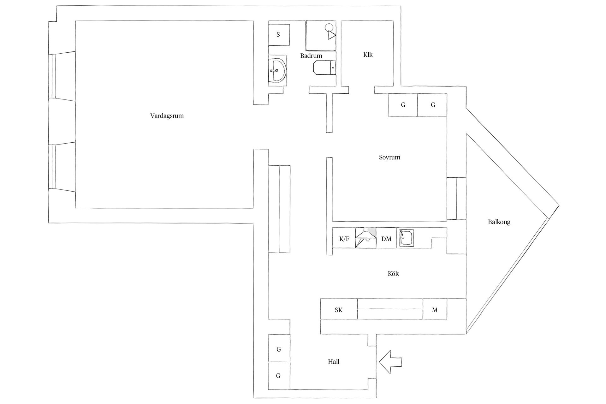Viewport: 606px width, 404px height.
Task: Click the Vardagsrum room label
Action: coord(167,116)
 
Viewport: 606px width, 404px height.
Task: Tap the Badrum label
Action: coord(311,56)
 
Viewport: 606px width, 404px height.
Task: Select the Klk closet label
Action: coord(368,55)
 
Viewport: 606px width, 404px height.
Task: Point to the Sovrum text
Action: coord(389,157)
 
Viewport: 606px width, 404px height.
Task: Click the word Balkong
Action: coord(499,222)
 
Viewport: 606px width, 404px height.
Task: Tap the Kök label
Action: coord(393,274)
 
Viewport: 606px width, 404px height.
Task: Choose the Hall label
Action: coord(334,362)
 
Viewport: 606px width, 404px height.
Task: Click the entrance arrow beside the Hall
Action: coord(390,362)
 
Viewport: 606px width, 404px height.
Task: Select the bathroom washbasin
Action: coord(277,70)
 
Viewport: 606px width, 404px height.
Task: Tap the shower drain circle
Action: coord(329,27)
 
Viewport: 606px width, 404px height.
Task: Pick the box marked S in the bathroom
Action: coord(279,34)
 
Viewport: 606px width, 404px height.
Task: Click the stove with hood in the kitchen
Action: coord(366,238)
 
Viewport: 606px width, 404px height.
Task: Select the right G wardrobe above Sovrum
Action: coord(432,105)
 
